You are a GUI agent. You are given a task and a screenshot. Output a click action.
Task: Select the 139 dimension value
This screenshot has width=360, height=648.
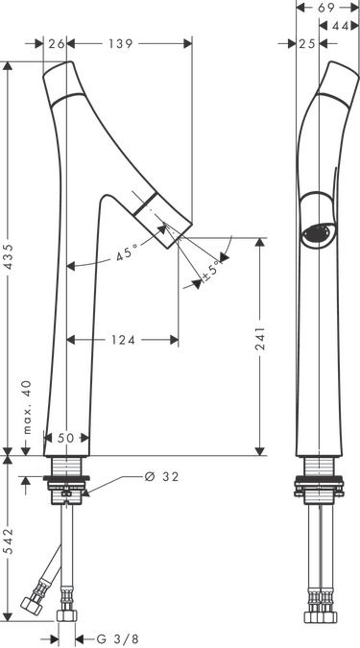tap(121, 43)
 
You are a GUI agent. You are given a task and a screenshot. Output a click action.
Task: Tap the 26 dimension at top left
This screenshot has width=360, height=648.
tap(57, 43)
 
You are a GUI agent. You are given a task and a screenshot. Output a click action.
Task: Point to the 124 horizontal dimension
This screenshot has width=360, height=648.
tap(123, 340)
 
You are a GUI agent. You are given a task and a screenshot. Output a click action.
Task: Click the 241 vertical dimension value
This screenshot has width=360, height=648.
tap(260, 338)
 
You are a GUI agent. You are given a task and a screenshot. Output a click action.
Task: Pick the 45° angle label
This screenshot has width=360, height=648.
tap(127, 252)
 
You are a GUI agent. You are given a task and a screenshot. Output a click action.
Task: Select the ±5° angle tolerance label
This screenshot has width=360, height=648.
tap(211, 271)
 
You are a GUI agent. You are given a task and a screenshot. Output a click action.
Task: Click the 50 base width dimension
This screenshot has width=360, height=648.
tap(66, 438)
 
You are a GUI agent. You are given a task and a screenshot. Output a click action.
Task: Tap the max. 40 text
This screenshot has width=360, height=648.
tap(27, 407)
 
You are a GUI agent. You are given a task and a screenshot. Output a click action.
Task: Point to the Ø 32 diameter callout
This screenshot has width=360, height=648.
tap(162, 477)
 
